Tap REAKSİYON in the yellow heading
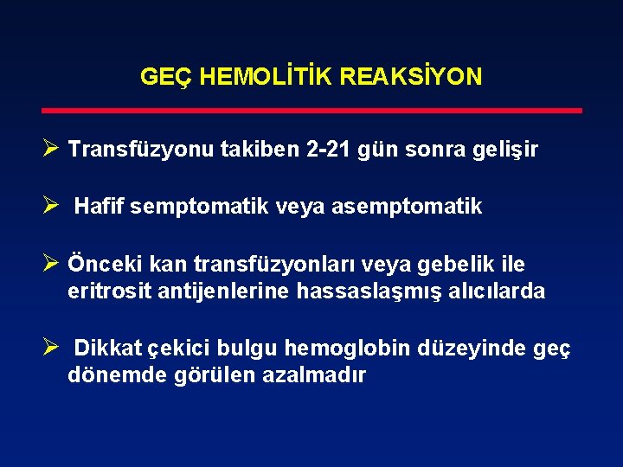(x=410, y=77)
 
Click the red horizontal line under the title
(x=311, y=111)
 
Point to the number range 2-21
(x=331, y=150)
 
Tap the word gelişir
(x=505, y=150)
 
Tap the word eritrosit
(x=109, y=291)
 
